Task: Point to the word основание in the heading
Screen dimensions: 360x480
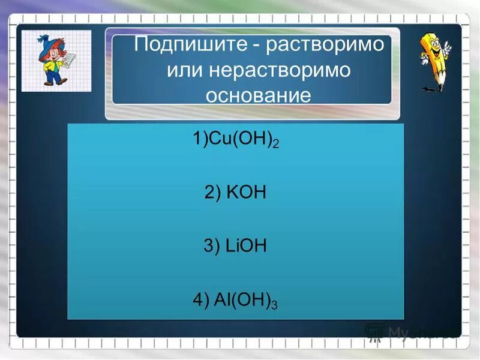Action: pyautogui.click(x=259, y=95)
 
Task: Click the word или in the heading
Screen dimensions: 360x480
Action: pyautogui.click(x=185, y=71)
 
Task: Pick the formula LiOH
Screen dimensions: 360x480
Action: pyautogui.click(x=244, y=247)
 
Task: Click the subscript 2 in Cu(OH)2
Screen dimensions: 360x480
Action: pyautogui.click(x=277, y=146)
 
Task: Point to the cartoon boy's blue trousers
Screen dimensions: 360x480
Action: pyautogui.click(x=53, y=76)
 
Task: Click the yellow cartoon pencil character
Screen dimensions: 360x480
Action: pyautogui.click(x=435, y=57)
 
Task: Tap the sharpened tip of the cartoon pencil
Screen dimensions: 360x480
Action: pyautogui.click(x=443, y=88)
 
